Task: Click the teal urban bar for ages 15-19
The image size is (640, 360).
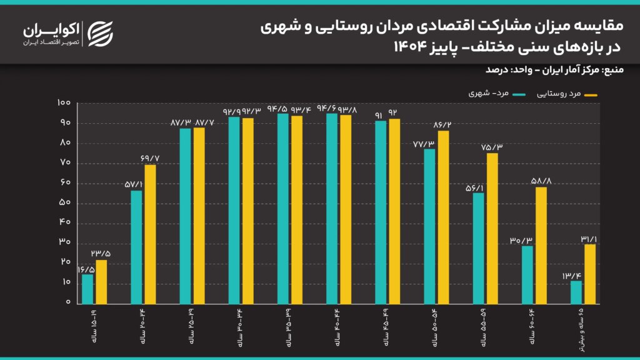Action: [87, 289]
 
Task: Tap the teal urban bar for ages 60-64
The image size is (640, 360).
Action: [527, 274]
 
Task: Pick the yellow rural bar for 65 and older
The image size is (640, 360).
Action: [590, 273]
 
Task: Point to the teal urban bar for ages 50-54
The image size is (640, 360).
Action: [430, 226]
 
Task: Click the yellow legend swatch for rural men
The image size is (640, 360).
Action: [589, 95]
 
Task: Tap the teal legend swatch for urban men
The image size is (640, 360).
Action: [518, 95]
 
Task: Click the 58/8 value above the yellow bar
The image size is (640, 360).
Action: [541, 181]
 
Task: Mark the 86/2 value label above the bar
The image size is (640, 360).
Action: [442, 125]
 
